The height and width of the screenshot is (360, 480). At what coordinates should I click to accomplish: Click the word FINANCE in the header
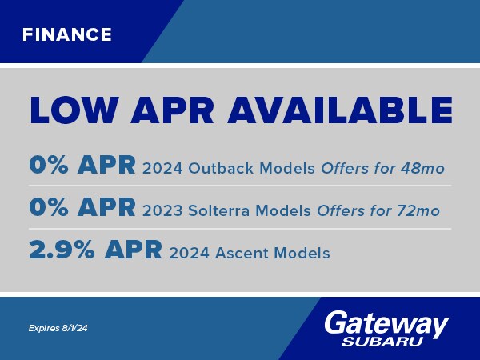67,34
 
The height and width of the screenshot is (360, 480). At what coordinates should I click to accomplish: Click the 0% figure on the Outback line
48,166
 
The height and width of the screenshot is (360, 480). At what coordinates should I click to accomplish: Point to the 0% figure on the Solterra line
48,208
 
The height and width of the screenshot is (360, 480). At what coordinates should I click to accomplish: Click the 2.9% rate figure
61,251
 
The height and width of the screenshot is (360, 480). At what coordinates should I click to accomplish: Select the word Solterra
214,211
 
